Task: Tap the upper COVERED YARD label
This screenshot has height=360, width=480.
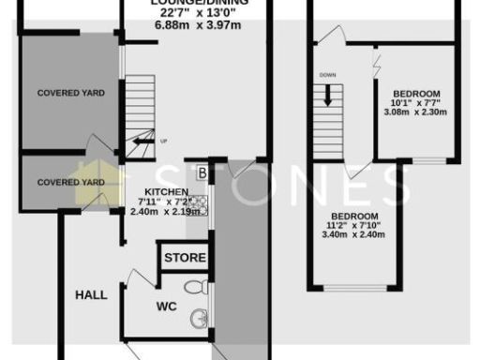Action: point(70,93)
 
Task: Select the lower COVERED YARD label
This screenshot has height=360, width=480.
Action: point(70,182)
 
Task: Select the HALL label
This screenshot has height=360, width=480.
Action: point(91,294)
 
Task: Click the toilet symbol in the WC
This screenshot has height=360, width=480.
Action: point(194,287)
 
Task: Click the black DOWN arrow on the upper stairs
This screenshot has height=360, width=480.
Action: point(329,95)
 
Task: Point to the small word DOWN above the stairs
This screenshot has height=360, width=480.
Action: point(327,74)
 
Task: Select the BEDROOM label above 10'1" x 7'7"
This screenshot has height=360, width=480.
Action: point(416,94)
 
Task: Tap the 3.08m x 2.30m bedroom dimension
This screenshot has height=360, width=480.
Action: point(416,112)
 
